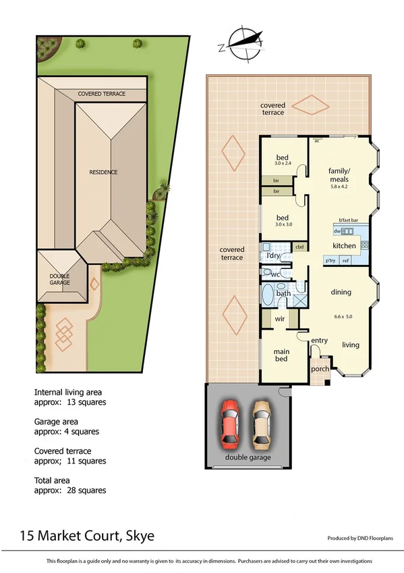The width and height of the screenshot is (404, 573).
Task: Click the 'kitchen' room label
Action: [x=344, y=246]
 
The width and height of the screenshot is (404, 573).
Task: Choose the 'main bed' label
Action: [x=281, y=355]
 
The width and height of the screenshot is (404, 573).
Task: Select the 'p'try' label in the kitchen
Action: [x=330, y=260]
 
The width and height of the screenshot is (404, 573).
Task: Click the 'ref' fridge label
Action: [x=346, y=260]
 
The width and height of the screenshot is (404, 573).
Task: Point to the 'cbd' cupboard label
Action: [x=300, y=247]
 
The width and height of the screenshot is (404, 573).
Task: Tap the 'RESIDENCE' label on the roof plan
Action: [x=103, y=172]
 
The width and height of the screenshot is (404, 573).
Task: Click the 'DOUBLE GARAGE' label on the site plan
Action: [x=59, y=280]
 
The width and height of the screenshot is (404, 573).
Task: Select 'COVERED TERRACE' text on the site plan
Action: [x=102, y=94]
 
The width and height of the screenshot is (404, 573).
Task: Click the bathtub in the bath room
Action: [x=268, y=295]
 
